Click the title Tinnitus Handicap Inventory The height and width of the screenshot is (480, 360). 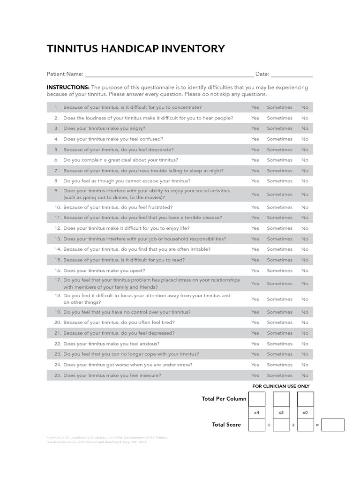pyautogui.click(x=135, y=49)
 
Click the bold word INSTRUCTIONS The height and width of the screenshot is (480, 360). pyautogui.click(x=68, y=87)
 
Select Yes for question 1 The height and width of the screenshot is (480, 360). pyautogui.click(x=255, y=107)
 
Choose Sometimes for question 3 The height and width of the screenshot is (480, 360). pyautogui.click(x=279, y=128)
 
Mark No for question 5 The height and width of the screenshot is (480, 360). pyautogui.click(x=305, y=150)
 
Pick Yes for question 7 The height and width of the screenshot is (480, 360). pyautogui.click(x=255, y=171)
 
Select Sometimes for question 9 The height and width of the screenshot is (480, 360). pyautogui.click(x=279, y=194)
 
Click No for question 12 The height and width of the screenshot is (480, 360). pyautogui.click(x=305, y=228)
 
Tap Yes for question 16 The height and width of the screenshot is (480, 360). pyautogui.click(x=255, y=270)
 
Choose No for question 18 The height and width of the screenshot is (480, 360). pyautogui.click(x=305, y=299)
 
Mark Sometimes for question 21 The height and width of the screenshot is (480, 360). pyautogui.click(x=279, y=333)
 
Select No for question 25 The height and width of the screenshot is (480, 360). pyautogui.click(x=305, y=375)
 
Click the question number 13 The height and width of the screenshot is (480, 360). pyautogui.click(x=58, y=239)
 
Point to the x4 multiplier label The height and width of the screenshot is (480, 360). pyautogui.click(x=256, y=412)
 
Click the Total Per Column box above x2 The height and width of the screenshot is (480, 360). pyautogui.click(x=281, y=399)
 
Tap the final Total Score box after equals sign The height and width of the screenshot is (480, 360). pyautogui.click(x=333, y=425)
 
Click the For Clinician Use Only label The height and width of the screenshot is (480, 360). pyautogui.click(x=281, y=386)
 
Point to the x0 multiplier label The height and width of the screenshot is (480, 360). pyautogui.click(x=306, y=412)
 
